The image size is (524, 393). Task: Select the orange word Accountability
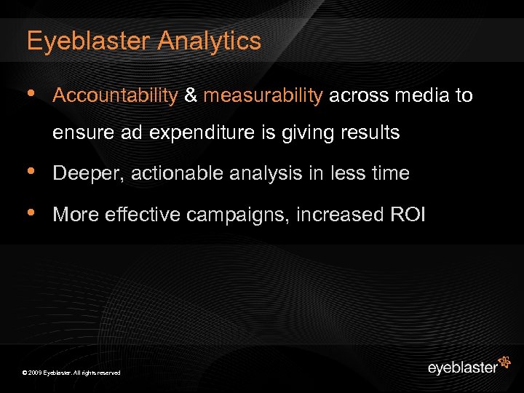click(x=116, y=95)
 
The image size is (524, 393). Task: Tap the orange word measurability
click(x=263, y=95)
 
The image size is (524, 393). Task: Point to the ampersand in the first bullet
click(x=191, y=95)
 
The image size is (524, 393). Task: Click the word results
click(x=368, y=132)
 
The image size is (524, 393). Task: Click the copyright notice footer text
click(x=71, y=373)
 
